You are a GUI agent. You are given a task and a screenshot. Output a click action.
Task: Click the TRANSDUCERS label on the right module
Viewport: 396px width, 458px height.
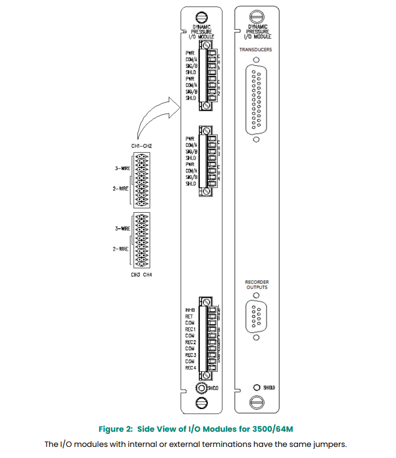pos(256,50)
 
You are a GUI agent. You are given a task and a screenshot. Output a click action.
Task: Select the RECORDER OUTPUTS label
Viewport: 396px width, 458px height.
pos(256,284)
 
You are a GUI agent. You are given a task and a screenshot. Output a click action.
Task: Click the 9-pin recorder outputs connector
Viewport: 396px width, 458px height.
pos(256,317)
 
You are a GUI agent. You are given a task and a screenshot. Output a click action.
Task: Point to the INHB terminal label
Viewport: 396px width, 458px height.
pos(190,309)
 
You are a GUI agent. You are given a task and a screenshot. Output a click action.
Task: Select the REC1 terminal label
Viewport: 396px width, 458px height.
pos(190,329)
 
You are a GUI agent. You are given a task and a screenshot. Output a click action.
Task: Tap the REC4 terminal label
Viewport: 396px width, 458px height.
pos(190,368)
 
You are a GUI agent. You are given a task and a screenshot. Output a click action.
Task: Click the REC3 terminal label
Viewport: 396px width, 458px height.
pos(190,355)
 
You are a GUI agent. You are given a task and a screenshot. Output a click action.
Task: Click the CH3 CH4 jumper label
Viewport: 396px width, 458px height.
pos(142,274)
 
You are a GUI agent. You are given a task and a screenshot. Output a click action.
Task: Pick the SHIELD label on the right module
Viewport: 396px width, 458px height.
pos(268,387)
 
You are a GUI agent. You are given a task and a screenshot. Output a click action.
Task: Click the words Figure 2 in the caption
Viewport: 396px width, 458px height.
pos(116,429)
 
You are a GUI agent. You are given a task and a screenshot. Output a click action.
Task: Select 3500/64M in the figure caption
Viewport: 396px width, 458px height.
pos(272,429)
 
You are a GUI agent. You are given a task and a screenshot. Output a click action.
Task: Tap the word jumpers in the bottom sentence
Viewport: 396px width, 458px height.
pos(329,445)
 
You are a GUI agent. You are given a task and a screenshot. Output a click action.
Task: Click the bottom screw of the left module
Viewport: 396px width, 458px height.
pos(202,402)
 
